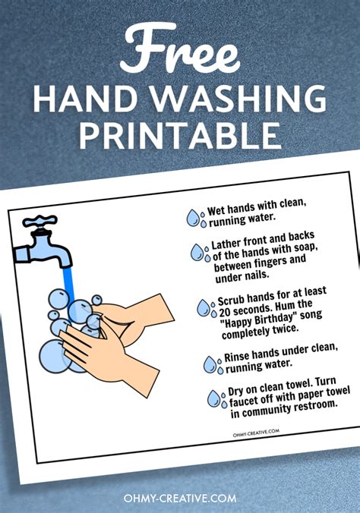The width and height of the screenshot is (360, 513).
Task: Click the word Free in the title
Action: [179, 48]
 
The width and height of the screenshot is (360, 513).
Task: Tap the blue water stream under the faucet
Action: [69, 281]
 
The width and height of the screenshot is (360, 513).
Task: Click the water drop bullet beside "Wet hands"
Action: [196, 219]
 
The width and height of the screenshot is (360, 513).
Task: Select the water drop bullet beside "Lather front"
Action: [200, 252]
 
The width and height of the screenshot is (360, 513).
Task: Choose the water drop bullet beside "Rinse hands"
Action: [211, 365]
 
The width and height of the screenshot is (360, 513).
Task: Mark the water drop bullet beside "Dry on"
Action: [216, 398]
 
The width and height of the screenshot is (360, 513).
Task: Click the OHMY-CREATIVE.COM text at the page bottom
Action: [179, 498]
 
